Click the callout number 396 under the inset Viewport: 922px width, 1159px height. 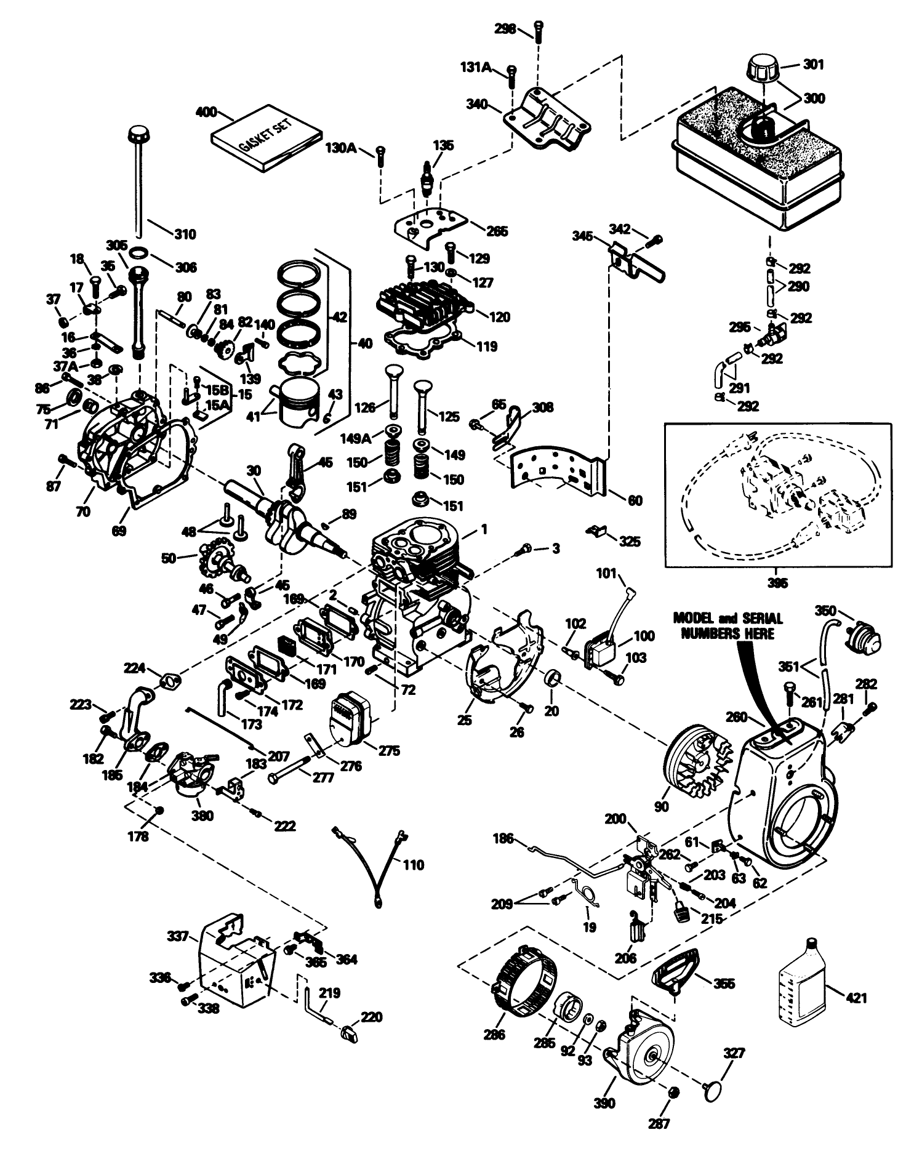(x=779, y=583)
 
